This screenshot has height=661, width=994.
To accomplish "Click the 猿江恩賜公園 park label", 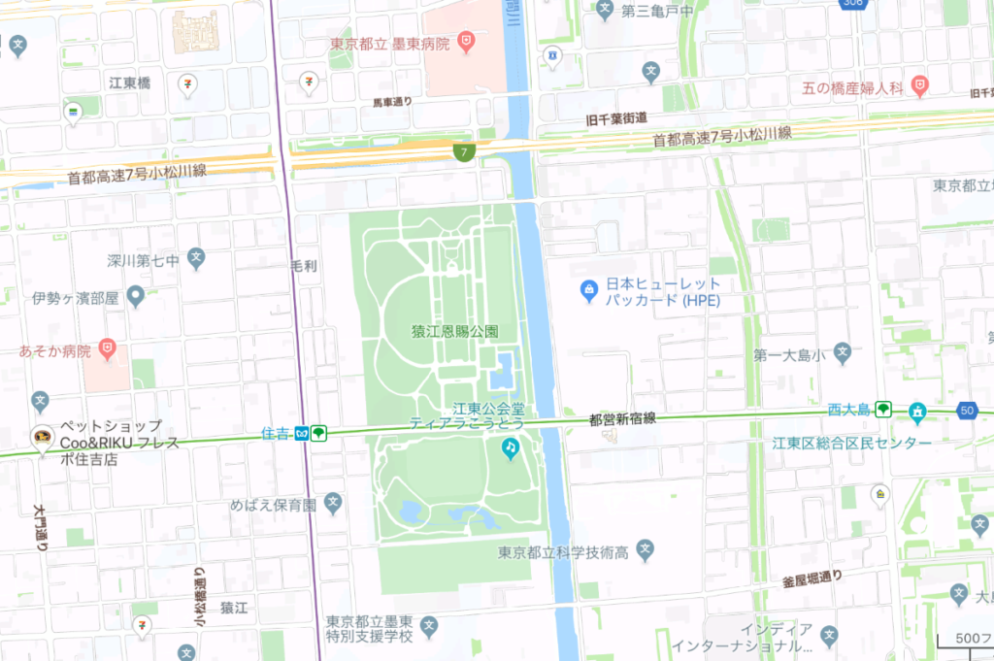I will (x=454, y=331).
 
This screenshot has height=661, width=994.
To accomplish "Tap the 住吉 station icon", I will (x=304, y=433).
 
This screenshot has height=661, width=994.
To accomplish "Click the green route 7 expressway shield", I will (x=466, y=152).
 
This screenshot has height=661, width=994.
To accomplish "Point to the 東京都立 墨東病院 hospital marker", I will (x=467, y=43).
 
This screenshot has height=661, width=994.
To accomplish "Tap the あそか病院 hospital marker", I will (x=109, y=347).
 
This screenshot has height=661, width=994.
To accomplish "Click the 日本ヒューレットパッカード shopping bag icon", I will (x=587, y=288).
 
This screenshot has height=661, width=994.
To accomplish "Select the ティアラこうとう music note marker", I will (x=511, y=447).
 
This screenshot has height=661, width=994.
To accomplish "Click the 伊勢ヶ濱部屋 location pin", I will (x=136, y=296).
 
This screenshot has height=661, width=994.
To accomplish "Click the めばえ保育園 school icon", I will (x=334, y=504).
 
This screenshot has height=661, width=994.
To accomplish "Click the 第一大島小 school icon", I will (x=843, y=354).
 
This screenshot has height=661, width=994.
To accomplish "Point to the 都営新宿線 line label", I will (x=622, y=419).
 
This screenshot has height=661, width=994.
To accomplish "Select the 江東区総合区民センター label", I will (x=851, y=444).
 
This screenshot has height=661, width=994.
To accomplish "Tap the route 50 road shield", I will (x=966, y=411).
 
